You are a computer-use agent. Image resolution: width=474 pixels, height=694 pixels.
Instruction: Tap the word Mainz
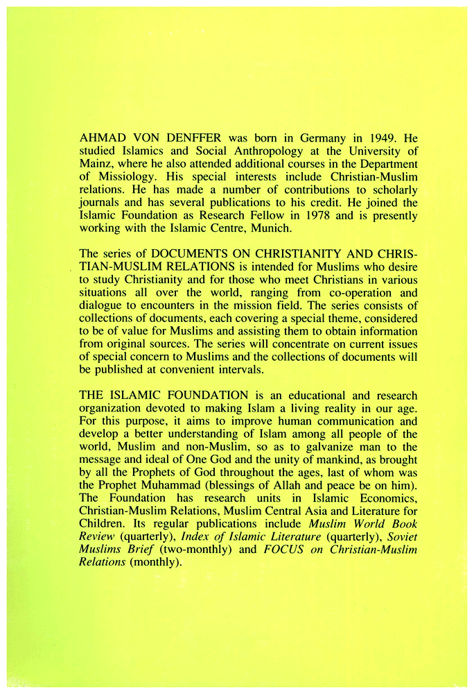tap(97, 164)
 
